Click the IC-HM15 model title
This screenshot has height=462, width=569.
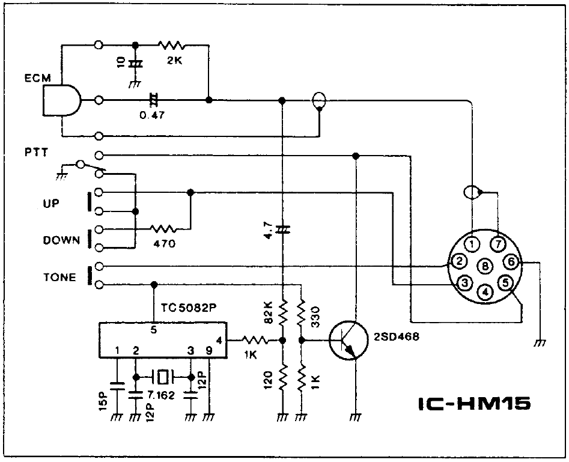tap(473, 403)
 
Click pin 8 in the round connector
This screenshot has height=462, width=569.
tap(485, 265)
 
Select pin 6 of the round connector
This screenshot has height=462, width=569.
tap(511, 261)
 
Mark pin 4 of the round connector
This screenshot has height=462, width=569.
tap(485, 291)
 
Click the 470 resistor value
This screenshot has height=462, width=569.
tap(163, 244)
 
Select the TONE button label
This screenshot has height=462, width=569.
tap(59, 277)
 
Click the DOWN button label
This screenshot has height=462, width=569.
tap(61, 240)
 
